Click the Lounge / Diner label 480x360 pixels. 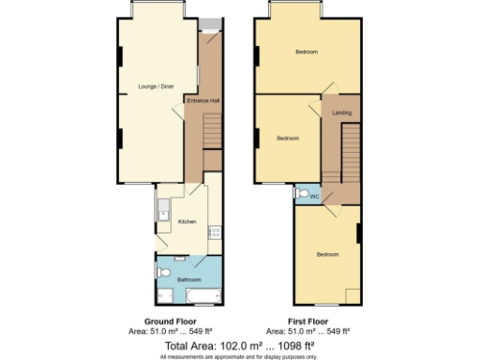pyautogui.click(x=156, y=86)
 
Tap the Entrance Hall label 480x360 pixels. pyautogui.click(x=202, y=99)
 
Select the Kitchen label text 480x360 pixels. pyautogui.click(x=187, y=221)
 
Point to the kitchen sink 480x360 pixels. pyautogui.click(x=163, y=208)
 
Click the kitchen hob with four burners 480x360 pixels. pyautogui.click(x=215, y=229)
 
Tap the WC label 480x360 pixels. pyautogui.click(x=314, y=197)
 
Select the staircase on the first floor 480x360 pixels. pyautogui.click(x=349, y=150)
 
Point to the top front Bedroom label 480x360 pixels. pyautogui.click(x=307, y=52)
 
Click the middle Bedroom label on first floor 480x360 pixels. pyautogui.click(x=287, y=138)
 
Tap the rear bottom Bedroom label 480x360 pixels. pyautogui.click(x=326, y=255)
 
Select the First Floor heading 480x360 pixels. pyautogui.click(x=308, y=321)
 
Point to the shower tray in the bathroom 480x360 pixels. pyautogui.click(x=165, y=295)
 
